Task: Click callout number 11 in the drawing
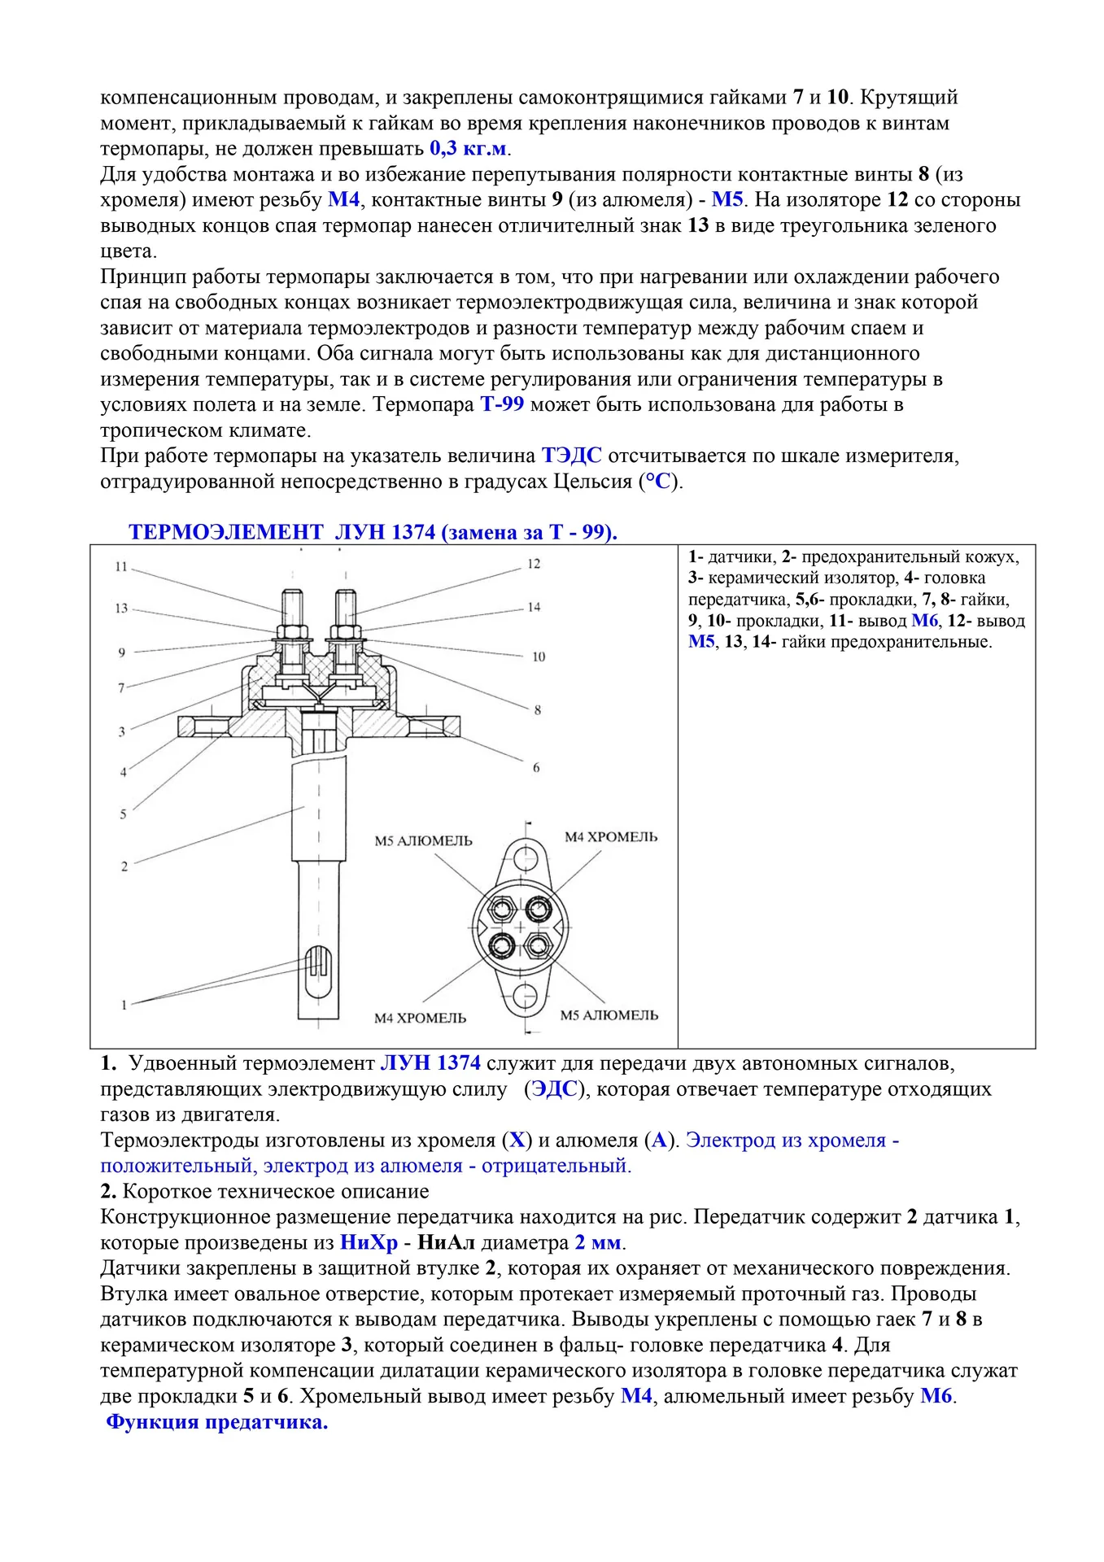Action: [121, 566]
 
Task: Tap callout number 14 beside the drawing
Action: [534, 607]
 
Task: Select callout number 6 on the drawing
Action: [536, 767]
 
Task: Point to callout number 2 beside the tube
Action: [124, 866]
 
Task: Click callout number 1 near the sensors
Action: [124, 1005]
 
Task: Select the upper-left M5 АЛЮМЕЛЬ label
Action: [423, 841]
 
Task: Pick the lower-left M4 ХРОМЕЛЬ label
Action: [420, 1018]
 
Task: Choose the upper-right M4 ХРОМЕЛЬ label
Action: [611, 837]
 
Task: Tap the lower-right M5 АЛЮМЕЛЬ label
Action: [609, 1015]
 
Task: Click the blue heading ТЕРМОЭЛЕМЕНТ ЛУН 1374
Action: [373, 532]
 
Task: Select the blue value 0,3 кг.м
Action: [468, 148]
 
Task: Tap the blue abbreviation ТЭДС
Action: [571, 456]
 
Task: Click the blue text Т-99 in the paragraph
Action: [502, 404]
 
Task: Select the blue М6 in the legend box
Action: [924, 621]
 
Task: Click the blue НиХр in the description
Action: [369, 1242]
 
